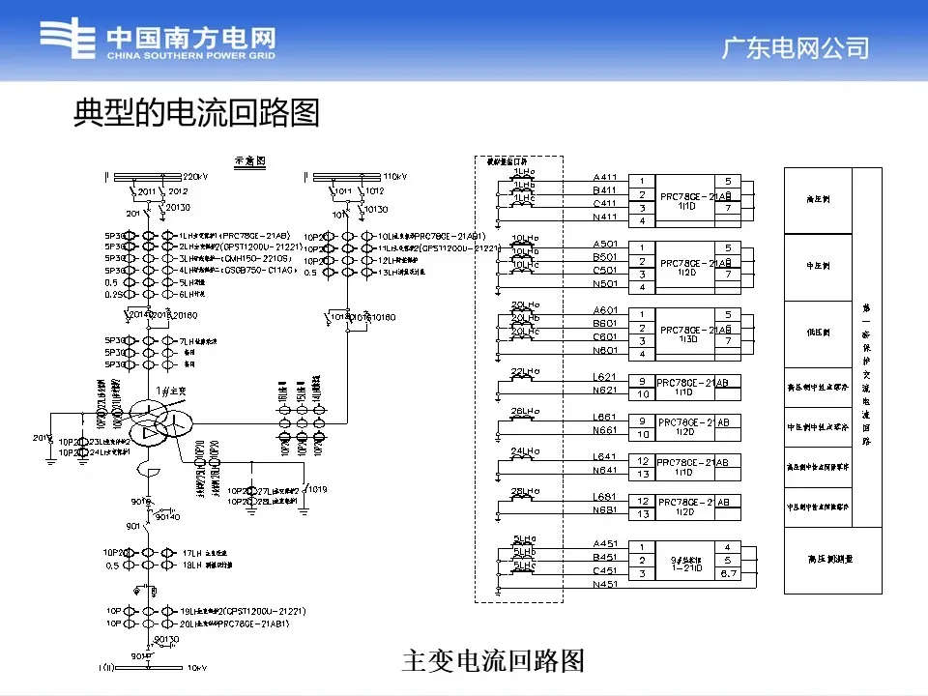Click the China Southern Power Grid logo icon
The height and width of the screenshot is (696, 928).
point(69,41)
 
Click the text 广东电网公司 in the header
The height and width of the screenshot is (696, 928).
point(796,47)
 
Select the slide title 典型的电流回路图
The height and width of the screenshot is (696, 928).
point(196,113)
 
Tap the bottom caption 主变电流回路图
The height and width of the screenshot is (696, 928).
point(493,660)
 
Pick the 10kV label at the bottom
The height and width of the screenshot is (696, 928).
point(197,668)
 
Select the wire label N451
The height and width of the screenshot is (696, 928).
point(605,584)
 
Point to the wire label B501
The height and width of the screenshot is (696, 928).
point(605,257)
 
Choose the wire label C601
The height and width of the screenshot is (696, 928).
point(605,335)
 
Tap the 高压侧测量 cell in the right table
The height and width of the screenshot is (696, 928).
point(818,559)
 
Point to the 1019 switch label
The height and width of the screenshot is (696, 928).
point(318,489)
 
